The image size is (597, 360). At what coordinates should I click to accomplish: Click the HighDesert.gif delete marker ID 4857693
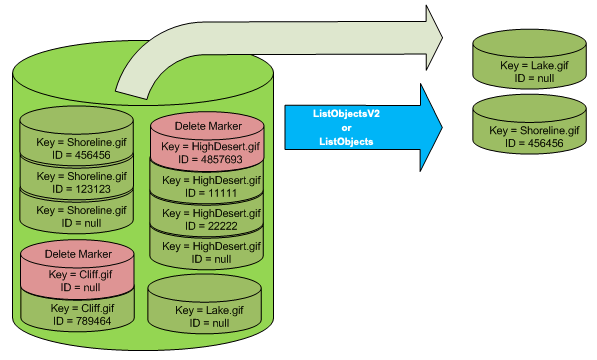[x=206, y=151]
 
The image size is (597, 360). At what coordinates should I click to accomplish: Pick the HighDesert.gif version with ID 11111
[x=206, y=186]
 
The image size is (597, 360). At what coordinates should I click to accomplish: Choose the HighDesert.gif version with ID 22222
[x=206, y=219]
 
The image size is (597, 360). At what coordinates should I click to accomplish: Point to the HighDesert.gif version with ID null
[x=206, y=251]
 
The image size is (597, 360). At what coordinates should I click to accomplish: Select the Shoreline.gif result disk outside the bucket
[x=529, y=135]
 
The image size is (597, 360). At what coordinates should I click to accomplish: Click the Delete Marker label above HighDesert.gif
[x=206, y=128]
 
